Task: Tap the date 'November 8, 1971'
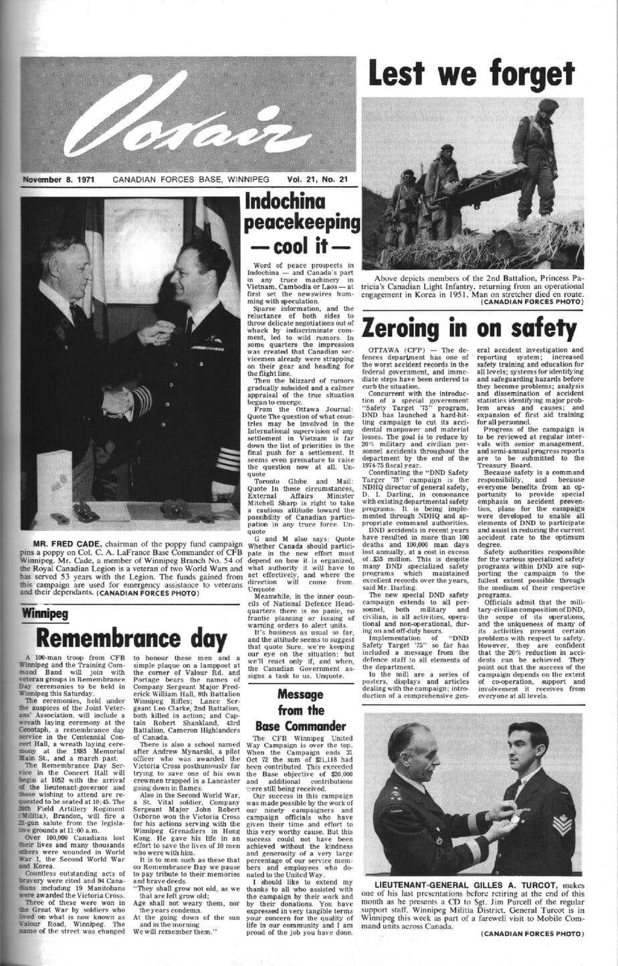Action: click(x=59, y=180)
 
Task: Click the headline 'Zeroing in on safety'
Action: click(x=469, y=328)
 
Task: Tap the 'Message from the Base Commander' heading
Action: click(x=300, y=710)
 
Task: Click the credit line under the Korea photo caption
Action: click(x=531, y=302)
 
